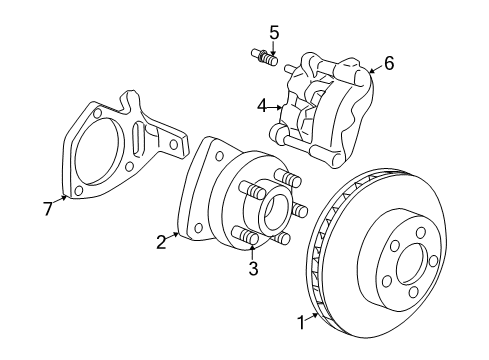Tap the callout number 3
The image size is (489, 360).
(252, 268)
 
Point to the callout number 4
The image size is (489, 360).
(261, 104)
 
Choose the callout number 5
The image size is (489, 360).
(274, 32)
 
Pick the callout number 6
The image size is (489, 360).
(388, 63)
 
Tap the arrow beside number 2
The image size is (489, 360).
(174, 234)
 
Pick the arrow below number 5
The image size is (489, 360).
(274, 47)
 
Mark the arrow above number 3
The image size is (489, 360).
(252, 253)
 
